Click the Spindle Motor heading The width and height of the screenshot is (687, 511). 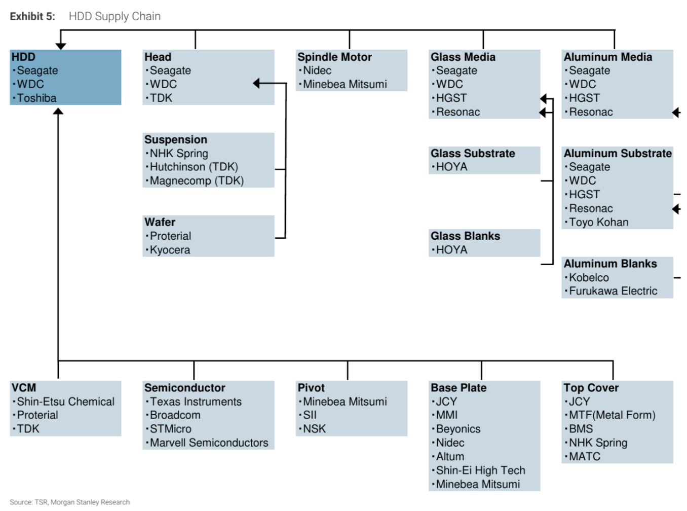[334, 57]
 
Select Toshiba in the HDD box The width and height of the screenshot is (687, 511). [36, 98]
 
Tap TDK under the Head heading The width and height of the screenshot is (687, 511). [161, 98]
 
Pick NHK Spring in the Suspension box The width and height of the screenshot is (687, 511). [179, 153]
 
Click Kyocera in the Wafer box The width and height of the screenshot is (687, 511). [170, 249]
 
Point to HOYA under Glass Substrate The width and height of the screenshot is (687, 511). [451, 167]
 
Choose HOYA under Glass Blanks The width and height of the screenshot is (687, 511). [451, 249]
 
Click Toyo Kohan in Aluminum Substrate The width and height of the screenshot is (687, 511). [598, 222]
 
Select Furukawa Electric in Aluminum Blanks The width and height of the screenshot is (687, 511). [613, 291]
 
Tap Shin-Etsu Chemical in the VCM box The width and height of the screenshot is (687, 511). [66, 401]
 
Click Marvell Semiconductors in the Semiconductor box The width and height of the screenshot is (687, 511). [209, 443]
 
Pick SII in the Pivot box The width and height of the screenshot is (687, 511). [310, 415]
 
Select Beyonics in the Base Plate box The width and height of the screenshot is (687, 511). [458, 429]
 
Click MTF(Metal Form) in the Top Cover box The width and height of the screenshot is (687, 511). [612, 415]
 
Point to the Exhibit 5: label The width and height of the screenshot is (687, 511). [32, 16]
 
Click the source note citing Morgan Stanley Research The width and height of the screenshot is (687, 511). [70, 502]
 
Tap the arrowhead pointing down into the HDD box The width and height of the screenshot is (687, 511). [61, 46]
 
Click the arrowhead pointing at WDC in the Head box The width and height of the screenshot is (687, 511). [256, 83]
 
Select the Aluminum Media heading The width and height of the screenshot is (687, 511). [607, 57]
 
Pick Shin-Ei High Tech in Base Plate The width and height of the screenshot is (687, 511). [481, 470]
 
